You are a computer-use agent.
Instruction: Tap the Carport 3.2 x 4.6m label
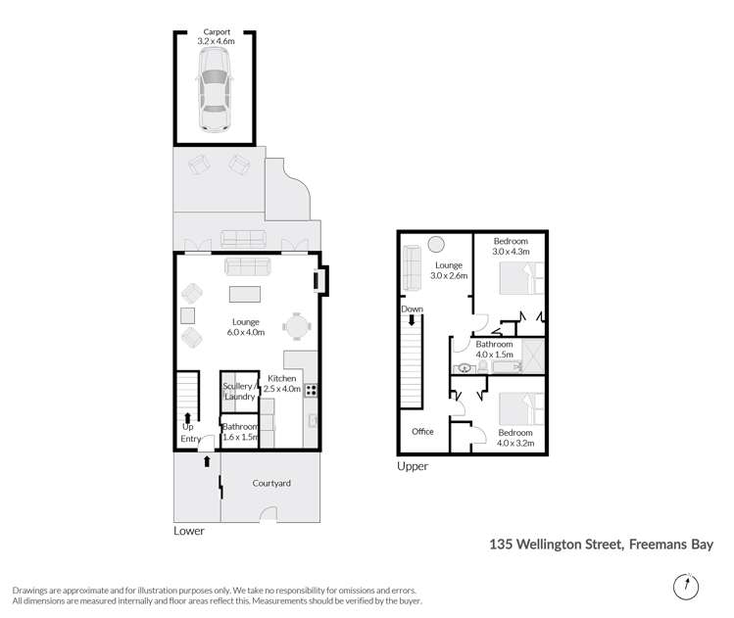(x=215, y=37)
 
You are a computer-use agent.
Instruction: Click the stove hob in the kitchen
(x=312, y=390)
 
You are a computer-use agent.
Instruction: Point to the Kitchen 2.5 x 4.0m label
(x=282, y=384)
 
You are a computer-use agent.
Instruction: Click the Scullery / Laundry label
(x=240, y=391)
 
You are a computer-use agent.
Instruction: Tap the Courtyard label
(x=271, y=483)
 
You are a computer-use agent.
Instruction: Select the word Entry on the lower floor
(x=190, y=438)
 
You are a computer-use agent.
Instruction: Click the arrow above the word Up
(x=187, y=415)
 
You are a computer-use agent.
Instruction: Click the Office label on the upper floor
(x=422, y=432)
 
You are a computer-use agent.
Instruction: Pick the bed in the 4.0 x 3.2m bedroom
(x=520, y=407)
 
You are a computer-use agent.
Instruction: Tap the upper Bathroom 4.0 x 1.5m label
(x=494, y=350)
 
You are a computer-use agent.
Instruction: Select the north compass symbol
(x=687, y=586)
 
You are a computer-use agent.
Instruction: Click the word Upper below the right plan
(x=413, y=466)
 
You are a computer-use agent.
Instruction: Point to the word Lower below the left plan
(x=188, y=531)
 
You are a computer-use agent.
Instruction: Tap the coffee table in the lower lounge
(x=246, y=294)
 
